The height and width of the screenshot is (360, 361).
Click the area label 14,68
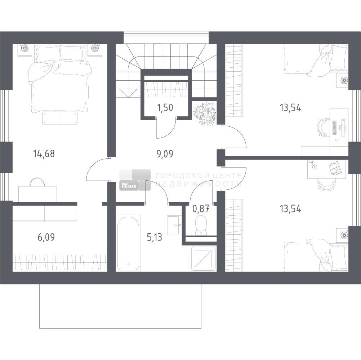[x=44, y=154]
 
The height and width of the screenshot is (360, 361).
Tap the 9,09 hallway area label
[x=165, y=154]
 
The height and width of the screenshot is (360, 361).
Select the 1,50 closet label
[x=165, y=108]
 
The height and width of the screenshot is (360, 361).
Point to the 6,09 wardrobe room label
[x=46, y=237]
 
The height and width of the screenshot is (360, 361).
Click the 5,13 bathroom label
[x=155, y=237]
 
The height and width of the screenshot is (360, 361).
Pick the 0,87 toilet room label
[x=201, y=209]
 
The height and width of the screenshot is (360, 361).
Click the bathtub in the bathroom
[x=128, y=243]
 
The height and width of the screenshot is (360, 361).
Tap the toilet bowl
[x=201, y=225]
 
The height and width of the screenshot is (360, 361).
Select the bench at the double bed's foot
[x=60, y=118]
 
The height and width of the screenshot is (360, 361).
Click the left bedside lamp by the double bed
[x=24, y=48]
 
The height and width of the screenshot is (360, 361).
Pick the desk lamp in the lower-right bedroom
[x=313, y=165]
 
